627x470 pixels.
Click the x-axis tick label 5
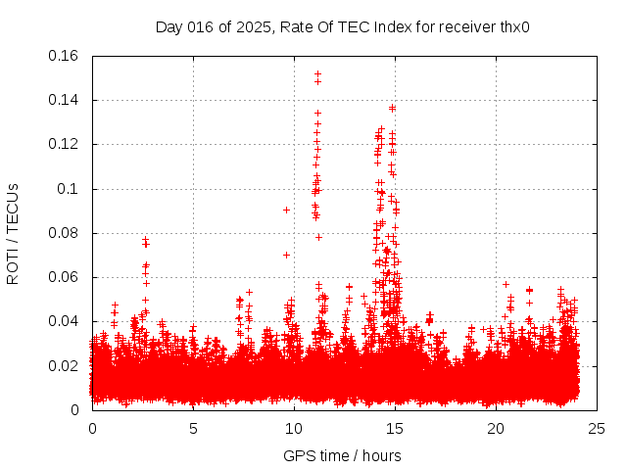tap(193, 428)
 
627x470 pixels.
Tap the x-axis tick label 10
tap(294, 428)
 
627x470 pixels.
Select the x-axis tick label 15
tap(395, 428)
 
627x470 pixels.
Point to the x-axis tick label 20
tap(496, 428)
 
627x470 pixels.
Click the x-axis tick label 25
tap(596, 428)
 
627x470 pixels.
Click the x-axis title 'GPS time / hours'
tap(342, 455)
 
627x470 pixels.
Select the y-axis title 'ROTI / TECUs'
tap(14, 233)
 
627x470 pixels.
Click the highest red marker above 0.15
tap(317, 73)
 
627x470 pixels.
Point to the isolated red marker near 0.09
tap(286, 210)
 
